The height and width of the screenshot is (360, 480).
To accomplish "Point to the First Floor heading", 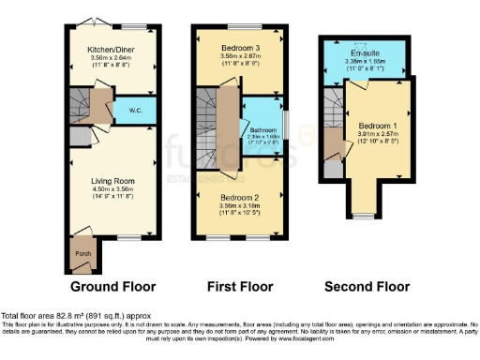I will click(x=238, y=286).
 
